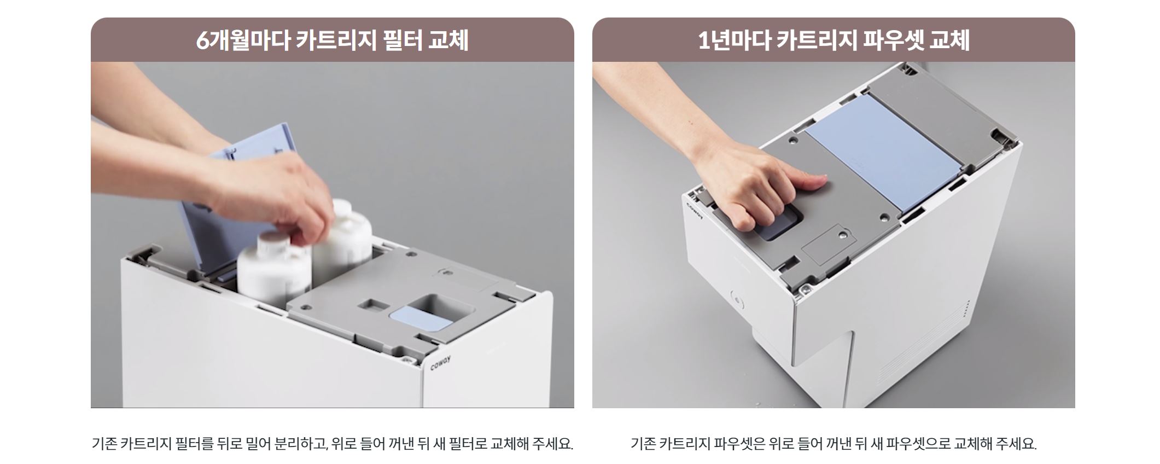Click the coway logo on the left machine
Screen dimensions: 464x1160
pos(441,363)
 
